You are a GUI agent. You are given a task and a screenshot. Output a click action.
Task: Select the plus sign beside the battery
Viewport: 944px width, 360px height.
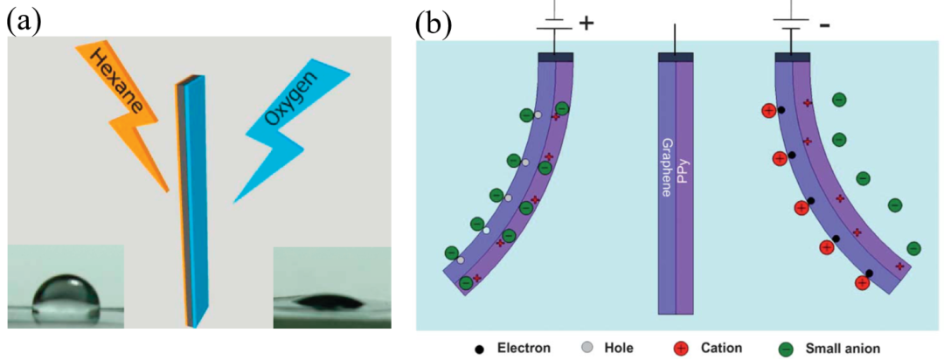click(x=587, y=24)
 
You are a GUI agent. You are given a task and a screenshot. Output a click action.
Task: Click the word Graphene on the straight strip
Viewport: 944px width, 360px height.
click(x=666, y=166)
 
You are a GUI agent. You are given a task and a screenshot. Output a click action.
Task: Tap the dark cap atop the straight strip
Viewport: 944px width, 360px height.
click(x=676, y=57)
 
